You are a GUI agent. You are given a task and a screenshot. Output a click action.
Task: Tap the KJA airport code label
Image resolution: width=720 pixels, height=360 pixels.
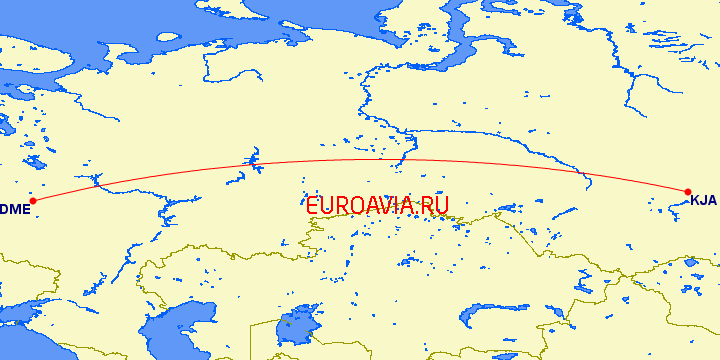704,200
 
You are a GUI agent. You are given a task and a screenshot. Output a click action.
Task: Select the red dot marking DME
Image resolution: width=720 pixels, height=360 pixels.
33,200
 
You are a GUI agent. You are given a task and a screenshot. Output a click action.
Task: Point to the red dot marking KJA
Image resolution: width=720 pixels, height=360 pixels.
688,191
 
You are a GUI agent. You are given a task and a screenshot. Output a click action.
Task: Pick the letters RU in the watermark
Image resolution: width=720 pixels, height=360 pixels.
436,204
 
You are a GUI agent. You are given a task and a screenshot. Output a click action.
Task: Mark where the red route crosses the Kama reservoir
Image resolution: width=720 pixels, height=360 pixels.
248,162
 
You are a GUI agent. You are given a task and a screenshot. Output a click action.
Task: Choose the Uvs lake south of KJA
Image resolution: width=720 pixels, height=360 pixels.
689,264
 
